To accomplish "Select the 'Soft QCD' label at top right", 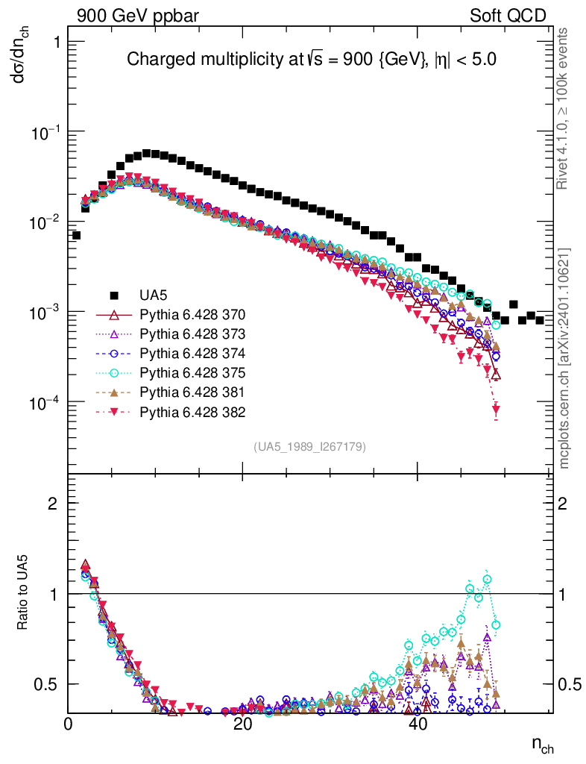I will point(509,16).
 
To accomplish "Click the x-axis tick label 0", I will point(69,725).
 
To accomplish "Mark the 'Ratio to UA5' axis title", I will point(25,593).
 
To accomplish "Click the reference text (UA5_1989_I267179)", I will point(309,446).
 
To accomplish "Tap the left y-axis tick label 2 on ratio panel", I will point(53,504).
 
